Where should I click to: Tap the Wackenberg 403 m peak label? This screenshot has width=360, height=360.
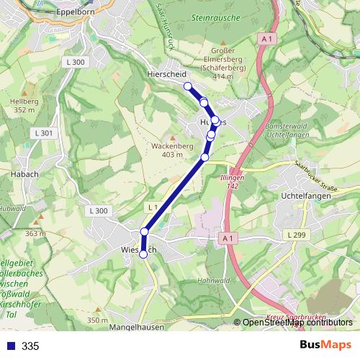(x=172, y=150)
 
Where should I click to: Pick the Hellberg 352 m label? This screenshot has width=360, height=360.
(x=24, y=106)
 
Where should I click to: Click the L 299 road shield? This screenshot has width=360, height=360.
(x=295, y=235)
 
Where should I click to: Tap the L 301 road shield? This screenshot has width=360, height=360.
(x=43, y=133)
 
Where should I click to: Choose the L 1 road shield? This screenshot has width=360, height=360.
(x=153, y=207)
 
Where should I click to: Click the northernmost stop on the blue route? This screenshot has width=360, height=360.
(x=189, y=86)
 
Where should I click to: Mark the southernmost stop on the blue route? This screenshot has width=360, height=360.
(x=143, y=253)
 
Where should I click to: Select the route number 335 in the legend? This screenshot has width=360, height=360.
(x=30, y=346)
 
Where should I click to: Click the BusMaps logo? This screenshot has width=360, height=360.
(x=325, y=345)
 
